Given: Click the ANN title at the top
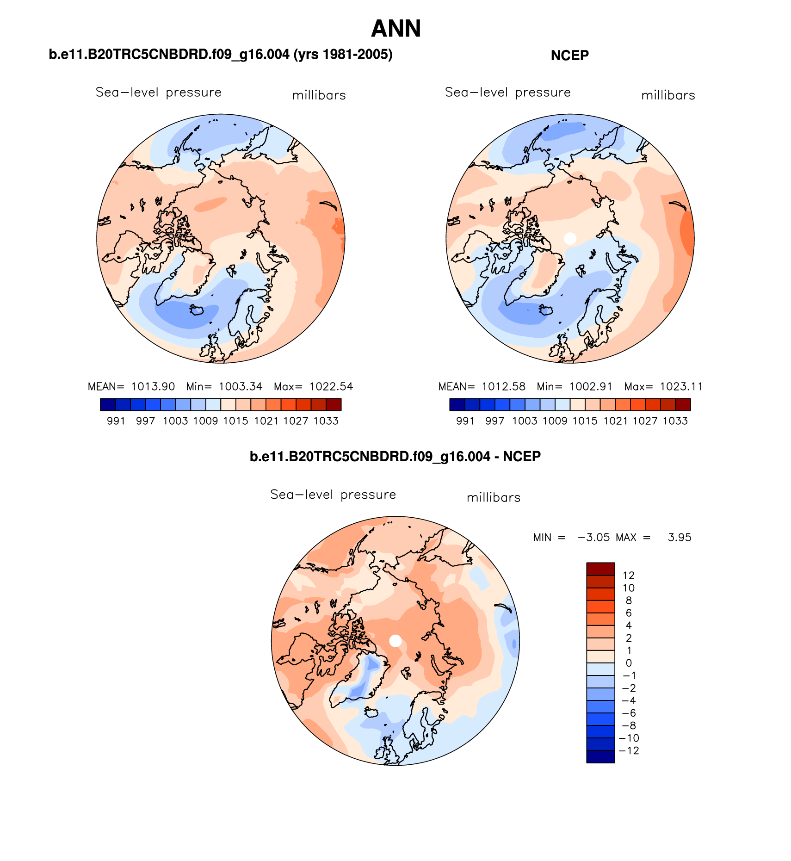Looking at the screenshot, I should click(x=396, y=29).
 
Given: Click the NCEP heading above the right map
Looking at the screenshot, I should click(x=570, y=56).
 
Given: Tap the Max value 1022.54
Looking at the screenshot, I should click(x=331, y=386).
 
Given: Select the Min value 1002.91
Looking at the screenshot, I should click(x=591, y=386).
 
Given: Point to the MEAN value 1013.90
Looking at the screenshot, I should click(x=153, y=386).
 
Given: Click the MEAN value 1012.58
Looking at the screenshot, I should click(x=504, y=386).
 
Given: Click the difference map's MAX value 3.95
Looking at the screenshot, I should click(x=680, y=537).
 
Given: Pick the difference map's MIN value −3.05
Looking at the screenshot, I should click(x=594, y=537).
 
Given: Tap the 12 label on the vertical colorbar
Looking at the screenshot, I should click(x=629, y=576).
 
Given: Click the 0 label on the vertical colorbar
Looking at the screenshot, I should click(x=629, y=663).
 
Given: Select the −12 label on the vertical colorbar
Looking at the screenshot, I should click(x=630, y=750).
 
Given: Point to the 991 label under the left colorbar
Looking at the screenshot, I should click(x=116, y=421).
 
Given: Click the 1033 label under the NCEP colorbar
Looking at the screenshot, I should click(x=675, y=421).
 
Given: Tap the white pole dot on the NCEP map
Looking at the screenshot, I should click(x=570, y=238).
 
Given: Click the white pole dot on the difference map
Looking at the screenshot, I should click(x=395, y=641).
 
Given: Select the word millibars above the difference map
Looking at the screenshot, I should click(x=494, y=498).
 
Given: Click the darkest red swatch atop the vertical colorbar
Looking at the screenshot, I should click(x=600, y=569).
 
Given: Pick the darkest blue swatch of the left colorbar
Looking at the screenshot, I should click(x=108, y=405).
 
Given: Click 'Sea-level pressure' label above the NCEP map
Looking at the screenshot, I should click(x=508, y=93).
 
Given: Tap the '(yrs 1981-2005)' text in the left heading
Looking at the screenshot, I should click(x=342, y=55).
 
